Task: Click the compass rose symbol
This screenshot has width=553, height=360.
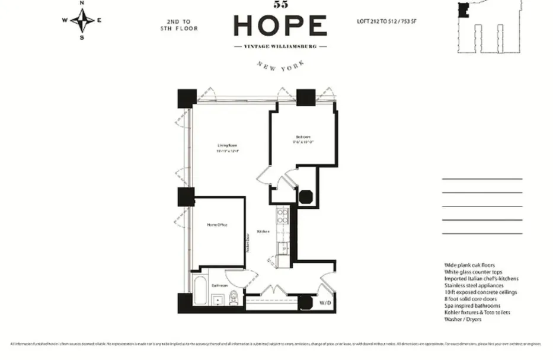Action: tap(82, 20)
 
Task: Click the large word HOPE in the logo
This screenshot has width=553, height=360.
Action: tap(280, 26)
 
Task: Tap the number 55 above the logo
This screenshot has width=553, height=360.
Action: tap(280, 5)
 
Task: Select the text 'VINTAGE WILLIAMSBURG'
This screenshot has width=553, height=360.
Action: tap(280, 46)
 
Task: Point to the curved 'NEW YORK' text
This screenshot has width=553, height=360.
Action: tap(280, 67)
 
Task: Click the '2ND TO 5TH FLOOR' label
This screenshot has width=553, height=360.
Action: tap(178, 25)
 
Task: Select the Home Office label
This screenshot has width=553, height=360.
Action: tap(217, 225)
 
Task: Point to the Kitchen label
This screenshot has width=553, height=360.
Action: tap(263, 231)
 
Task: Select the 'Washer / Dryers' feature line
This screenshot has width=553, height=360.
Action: tap(464, 319)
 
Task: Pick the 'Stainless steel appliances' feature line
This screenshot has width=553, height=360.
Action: tap(474, 285)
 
